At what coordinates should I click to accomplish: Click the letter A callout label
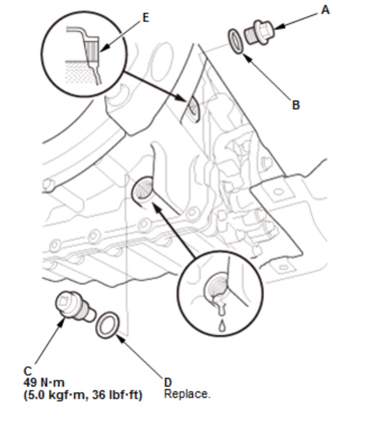[326, 10]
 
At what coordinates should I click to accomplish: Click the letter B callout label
[296, 104]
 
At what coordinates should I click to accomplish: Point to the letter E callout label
[146, 18]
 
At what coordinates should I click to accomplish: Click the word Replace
[187, 394]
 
